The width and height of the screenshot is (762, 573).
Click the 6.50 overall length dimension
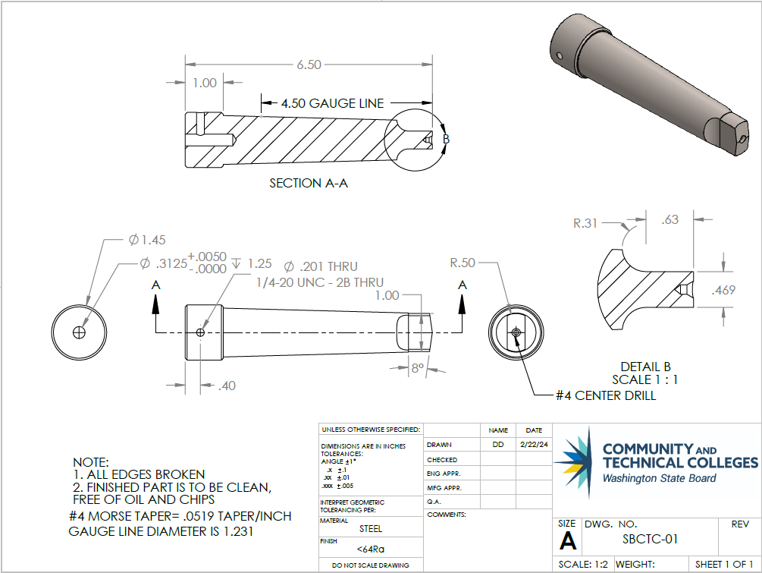(x=309, y=65)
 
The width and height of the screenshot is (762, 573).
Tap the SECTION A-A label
(x=309, y=184)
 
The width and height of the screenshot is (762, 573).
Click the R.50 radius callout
(x=463, y=263)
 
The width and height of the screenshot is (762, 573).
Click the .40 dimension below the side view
(x=226, y=386)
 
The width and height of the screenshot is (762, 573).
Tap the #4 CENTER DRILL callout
(x=605, y=395)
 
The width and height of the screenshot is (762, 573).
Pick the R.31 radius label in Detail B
(x=585, y=223)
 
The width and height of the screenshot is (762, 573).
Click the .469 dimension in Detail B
(x=724, y=290)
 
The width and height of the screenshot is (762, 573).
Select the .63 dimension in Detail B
(x=669, y=220)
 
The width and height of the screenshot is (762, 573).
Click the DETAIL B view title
(x=645, y=367)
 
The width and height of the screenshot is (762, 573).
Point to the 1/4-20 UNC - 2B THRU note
(x=319, y=282)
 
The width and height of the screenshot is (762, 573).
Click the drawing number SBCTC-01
(x=650, y=540)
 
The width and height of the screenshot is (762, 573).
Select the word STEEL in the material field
(x=371, y=529)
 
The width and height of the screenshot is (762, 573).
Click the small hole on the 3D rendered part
(x=559, y=55)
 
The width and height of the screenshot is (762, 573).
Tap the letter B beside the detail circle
(x=446, y=139)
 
